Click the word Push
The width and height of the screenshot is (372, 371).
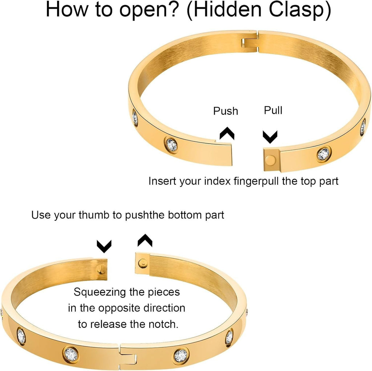pyautogui.click(x=226, y=111)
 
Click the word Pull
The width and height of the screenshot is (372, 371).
pyautogui.click(x=273, y=110)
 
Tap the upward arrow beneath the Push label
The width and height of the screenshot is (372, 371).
pyautogui.click(x=227, y=133)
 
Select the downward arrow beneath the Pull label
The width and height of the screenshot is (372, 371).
pyautogui.click(x=270, y=137)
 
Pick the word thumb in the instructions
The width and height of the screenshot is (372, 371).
pyautogui.click(x=97, y=215)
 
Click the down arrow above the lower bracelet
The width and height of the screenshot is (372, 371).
pyautogui.click(x=104, y=247)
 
